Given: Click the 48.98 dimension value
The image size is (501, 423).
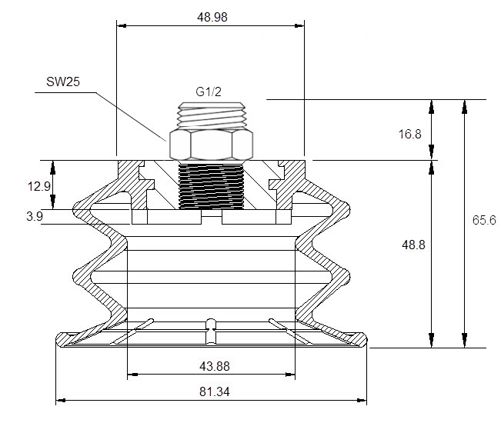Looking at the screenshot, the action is [x=212, y=17].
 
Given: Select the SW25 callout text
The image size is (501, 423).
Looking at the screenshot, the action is [x=63, y=82].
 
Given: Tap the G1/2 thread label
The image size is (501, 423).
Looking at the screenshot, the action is [x=209, y=92].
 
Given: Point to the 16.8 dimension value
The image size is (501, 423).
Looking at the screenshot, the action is [x=410, y=134].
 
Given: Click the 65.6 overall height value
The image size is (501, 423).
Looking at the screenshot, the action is [x=484, y=220].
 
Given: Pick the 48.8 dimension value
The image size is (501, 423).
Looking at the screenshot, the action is [x=413, y=245].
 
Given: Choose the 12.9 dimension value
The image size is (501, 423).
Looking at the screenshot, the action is [x=39, y=186].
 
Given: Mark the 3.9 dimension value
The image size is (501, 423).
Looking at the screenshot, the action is [x=35, y=216].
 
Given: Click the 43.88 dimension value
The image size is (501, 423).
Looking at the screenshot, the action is [x=215, y=366].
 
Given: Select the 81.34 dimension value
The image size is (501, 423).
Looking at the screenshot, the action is [x=215, y=391].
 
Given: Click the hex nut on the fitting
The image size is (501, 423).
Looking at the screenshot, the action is [x=211, y=145].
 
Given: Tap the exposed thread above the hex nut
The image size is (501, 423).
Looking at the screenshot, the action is [x=211, y=115].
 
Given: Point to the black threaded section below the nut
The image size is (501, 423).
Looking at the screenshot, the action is [x=211, y=186].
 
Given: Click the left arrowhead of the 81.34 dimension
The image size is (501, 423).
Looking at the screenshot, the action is [x=61, y=400].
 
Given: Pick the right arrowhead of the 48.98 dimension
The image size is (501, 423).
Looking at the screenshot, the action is [x=299, y=25].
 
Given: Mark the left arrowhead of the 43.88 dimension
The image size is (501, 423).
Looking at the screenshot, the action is [x=132, y=374].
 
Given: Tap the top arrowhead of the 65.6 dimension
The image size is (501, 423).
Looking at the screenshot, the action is [x=465, y=107].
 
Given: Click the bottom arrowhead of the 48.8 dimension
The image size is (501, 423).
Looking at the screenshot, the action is [x=431, y=340].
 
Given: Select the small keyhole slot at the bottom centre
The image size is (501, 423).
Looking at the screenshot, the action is [x=211, y=331].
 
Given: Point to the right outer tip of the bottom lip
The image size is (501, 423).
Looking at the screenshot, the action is [x=366, y=339].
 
